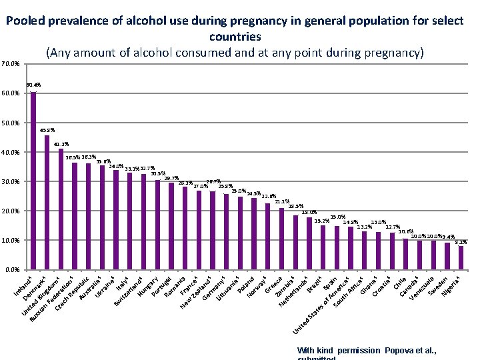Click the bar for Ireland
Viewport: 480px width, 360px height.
(33, 181)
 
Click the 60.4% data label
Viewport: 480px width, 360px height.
(33, 85)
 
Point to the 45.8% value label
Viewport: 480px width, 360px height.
(47, 130)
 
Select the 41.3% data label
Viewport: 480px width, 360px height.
(61, 144)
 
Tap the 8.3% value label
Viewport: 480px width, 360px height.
(461, 242)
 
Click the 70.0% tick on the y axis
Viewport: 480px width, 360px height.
(10, 64)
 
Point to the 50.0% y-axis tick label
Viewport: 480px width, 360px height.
(10, 123)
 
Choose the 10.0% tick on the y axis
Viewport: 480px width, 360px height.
(10, 240)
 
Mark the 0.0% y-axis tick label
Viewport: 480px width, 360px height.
(11, 269)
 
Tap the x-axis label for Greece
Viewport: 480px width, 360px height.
(273, 286)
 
